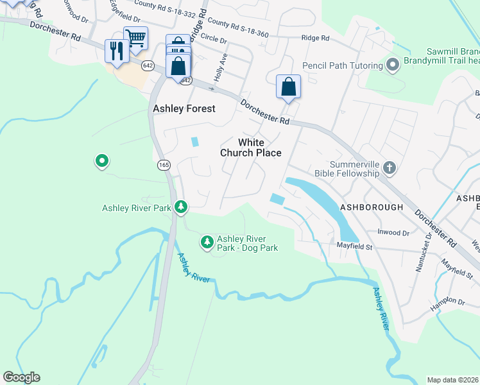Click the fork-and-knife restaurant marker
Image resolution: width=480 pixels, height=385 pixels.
point(116,51)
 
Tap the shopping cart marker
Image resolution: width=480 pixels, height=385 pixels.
point(135,38)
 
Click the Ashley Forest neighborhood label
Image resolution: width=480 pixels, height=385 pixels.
point(184,109)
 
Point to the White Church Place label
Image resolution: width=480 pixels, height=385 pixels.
point(250,148)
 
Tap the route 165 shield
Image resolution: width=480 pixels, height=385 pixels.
point(164,165)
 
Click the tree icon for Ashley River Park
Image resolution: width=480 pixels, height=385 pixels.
point(182,206)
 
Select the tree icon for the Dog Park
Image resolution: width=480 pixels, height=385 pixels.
point(207,242)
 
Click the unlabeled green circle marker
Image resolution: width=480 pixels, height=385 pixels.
point(101,161)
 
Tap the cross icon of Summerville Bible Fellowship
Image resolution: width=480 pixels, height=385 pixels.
point(389,168)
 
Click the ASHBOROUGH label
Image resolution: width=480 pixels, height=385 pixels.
point(372,207)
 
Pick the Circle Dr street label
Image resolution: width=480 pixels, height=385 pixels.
point(214,37)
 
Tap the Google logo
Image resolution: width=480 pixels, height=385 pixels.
point(21,377)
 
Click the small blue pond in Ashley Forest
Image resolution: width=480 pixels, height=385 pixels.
point(195,142)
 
